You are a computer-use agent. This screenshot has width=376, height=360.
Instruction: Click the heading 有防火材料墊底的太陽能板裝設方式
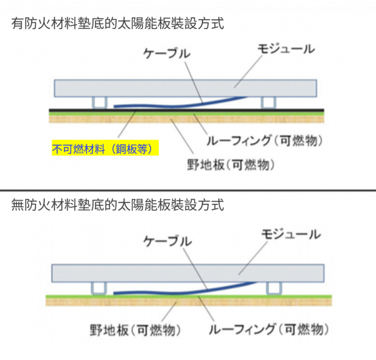click(117, 23)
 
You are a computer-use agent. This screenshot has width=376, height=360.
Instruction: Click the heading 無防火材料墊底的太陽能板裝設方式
click(117, 205)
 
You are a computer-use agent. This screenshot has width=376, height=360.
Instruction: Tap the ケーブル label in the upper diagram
click(167, 53)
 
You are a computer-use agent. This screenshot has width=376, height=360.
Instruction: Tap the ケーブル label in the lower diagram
click(168, 241)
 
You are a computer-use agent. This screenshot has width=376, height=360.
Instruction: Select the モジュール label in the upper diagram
click(286, 49)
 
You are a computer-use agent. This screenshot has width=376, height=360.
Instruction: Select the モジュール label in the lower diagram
click(291, 234)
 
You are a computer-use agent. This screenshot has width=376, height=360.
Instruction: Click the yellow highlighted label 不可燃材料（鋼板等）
click(106, 148)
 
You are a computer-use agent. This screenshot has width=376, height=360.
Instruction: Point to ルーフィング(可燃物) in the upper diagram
click(265, 140)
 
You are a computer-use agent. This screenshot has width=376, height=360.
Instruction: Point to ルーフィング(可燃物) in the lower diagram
click(268, 329)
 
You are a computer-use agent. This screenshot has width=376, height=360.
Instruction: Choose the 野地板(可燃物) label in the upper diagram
click(231, 165)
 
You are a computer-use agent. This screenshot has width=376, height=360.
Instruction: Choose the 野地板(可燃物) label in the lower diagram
click(135, 330)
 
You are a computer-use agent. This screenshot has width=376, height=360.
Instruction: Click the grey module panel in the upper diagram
click(185, 88)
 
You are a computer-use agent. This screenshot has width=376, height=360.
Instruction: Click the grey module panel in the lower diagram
click(188, 273)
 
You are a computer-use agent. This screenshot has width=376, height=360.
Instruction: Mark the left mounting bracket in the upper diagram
click(100, 103)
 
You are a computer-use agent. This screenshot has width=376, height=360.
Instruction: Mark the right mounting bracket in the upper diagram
click(268, 103)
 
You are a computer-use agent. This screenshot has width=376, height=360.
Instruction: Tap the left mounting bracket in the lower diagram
click(98, 288)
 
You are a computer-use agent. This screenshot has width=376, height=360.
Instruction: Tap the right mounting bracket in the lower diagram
click(274, 288)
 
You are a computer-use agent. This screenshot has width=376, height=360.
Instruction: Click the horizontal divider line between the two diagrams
click(188, 191)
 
